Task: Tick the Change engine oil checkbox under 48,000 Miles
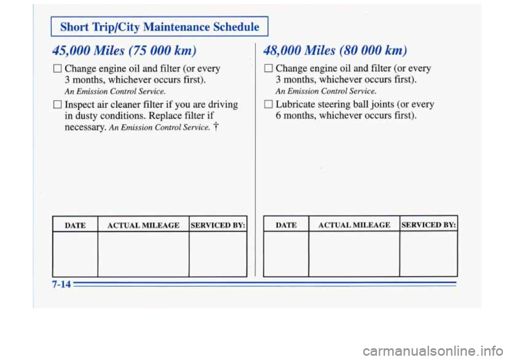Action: (269, 69)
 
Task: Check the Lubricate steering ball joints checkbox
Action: (269, 105)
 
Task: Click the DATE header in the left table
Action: (75, 226)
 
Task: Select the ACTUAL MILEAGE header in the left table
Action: (143, 226)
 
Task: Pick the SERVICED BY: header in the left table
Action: (218, 226)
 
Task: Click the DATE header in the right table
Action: (286, 226)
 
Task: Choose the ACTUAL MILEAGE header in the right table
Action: (354, 226)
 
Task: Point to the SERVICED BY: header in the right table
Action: (428, 226)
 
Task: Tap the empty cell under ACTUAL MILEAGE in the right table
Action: (354, 254)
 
